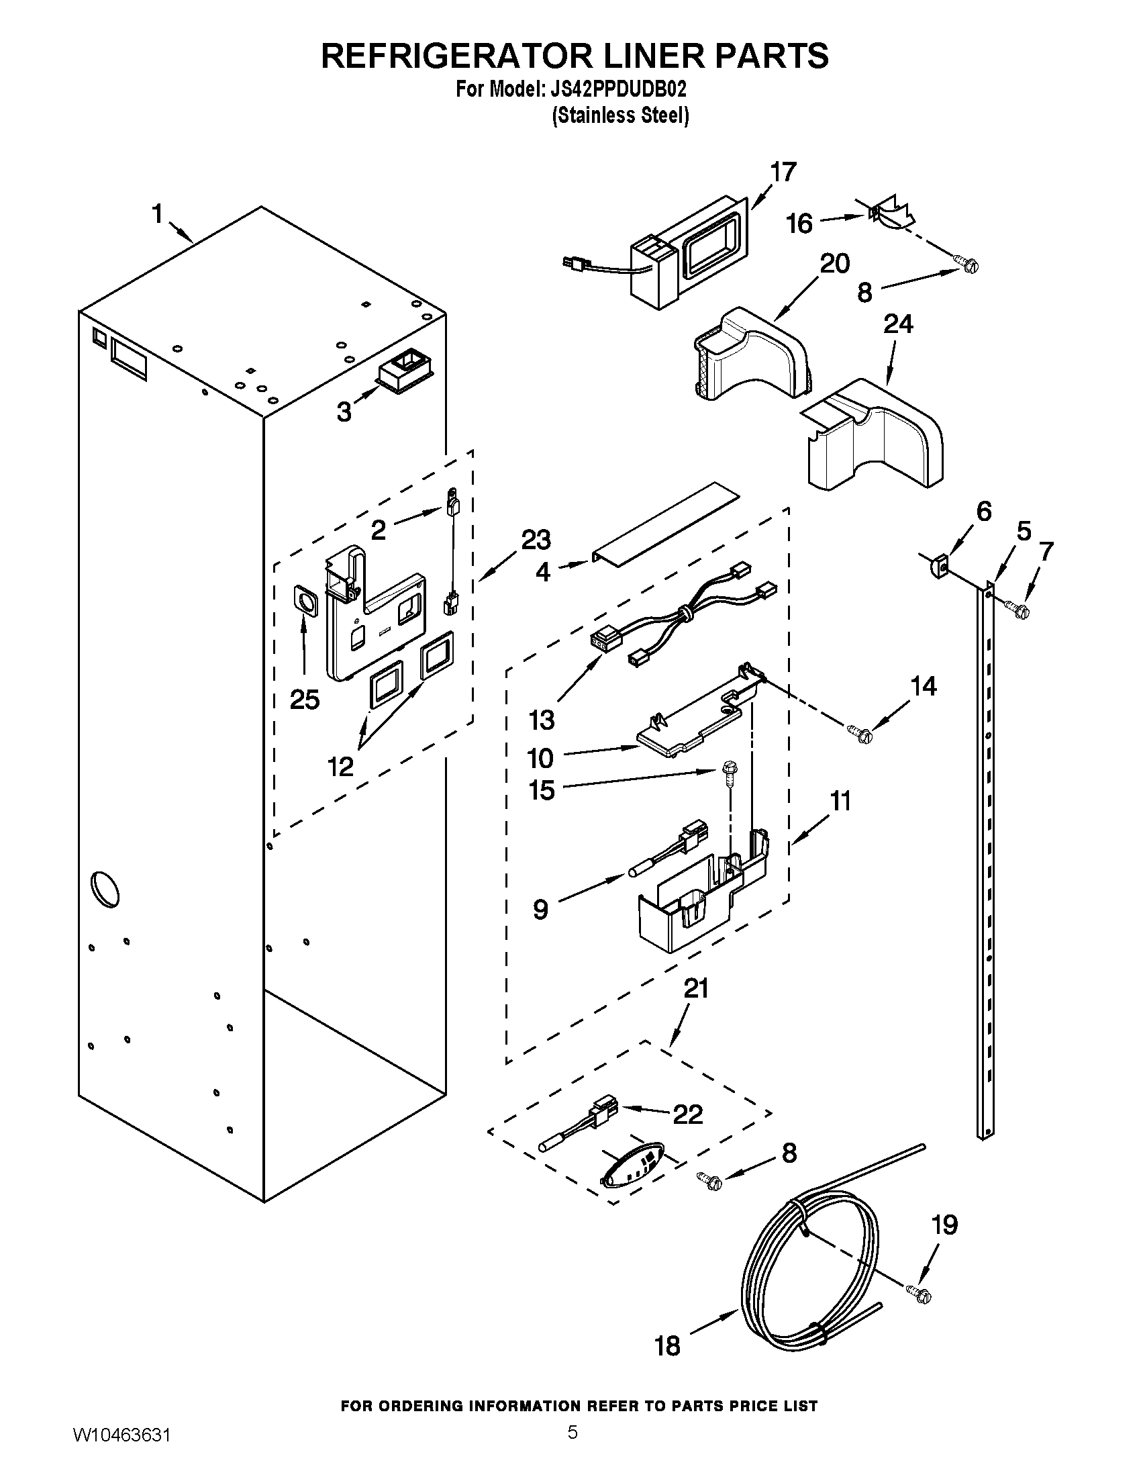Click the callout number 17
pyautogui.click(x=783, y=173)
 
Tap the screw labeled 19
pyautogui.click(x=920, y=1293)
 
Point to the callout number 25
pyautogui.click(x=304, y=700)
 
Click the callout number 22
pyautogui.click(x=688, y=1114)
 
